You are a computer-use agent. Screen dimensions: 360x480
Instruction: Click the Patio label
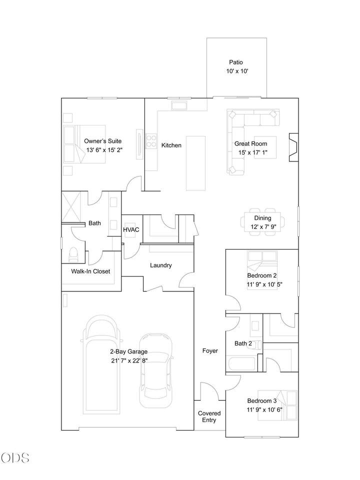[x=236, y=62]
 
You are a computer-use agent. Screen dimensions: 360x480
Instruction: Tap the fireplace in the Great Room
[x=294, y=147]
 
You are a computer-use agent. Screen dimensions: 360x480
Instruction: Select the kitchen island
[x=195, y=163]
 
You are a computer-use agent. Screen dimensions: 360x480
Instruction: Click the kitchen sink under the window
[x=179, y=106]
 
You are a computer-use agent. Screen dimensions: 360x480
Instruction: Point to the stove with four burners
[x=151, y=141]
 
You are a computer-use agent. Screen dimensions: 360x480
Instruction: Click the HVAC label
[x=131, y=229]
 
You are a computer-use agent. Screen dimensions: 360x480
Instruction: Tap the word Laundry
[x=160, y=265]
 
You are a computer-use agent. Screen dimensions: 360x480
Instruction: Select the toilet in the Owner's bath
[x=73, y=255]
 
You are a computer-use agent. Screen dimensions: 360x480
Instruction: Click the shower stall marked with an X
[x=71, y=206]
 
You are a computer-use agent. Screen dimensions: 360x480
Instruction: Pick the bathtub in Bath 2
[x=242, y=363]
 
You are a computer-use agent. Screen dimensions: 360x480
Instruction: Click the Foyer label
[x=210, y=351]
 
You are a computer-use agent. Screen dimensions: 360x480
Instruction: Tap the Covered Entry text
[x=209, y=416]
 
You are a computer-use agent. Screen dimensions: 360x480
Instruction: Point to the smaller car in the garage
[x=156, y=370]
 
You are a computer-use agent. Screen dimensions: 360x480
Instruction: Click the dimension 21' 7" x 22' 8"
[x=129, y=360]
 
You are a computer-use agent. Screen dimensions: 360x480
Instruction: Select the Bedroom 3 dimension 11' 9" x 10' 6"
[x=265, y=409]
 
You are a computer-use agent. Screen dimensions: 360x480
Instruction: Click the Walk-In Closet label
[x=90, y=271]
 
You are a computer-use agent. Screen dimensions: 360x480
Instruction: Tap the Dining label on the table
[x=262, y=218]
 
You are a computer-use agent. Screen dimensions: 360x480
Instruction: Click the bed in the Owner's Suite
[x=84, y=144]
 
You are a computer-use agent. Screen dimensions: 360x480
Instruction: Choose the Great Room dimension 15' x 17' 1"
[x=253, y=152]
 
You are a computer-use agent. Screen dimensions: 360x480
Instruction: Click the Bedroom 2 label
[x=262, y=275]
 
